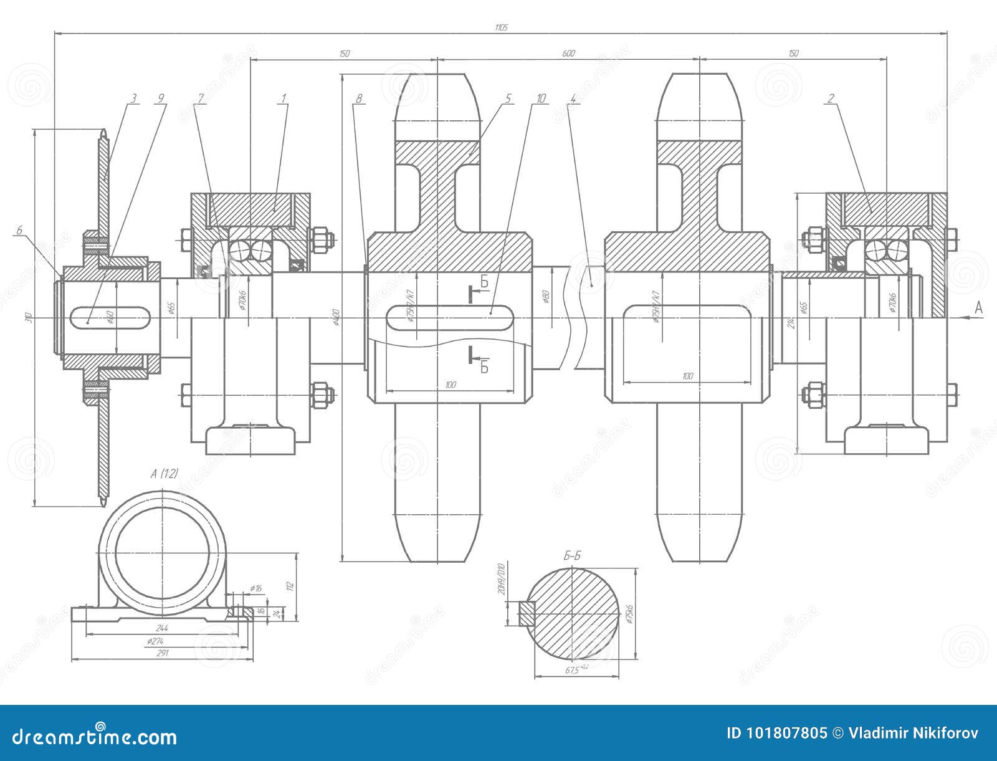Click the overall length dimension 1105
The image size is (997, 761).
click(x=501, y=27)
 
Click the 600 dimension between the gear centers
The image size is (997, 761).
click(x=568, y=54)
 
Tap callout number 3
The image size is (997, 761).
click(x=133, y=98)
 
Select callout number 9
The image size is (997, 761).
click(x=161, y=98)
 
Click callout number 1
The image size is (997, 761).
click(x=283, y=98)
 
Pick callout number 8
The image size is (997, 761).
click(x=359, y=98)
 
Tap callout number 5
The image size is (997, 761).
click(x=508, y=98)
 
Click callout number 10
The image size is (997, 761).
click(x=540, y=98)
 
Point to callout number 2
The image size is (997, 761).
click(x=831, y=98)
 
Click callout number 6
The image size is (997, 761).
click(x=19, y=230)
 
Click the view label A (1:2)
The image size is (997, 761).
click(x=164, y=474)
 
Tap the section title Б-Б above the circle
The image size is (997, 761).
click(x=571, y=556)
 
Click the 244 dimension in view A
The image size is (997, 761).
click(x=162, y=628)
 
